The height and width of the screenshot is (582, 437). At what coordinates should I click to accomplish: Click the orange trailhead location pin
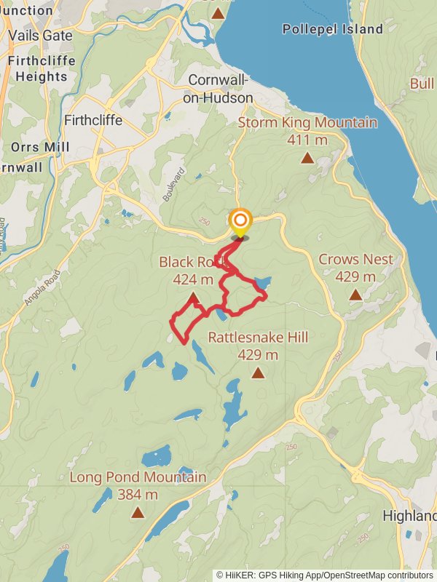[240, 221]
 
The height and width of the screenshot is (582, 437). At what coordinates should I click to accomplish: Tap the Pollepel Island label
[333, 29]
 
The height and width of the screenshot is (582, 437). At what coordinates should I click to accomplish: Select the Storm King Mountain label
[307, 122]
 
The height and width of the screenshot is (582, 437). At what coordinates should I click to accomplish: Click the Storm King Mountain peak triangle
[308, 157]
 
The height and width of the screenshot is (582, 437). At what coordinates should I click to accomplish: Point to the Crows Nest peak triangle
[355, 295]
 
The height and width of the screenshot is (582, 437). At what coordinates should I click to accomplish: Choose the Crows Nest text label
[355, 259]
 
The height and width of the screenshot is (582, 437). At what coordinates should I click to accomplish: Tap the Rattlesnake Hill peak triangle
[258, 372]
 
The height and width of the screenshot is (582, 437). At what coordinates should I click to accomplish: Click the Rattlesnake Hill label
[258, 338]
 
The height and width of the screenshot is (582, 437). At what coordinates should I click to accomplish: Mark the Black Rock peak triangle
[193, 298]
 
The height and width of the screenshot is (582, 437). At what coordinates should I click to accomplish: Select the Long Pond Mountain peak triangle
[138, 512]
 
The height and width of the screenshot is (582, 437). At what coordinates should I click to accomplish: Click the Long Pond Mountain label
[138, 477]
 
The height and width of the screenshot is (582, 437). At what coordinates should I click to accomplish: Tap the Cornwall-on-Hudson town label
[221, 89]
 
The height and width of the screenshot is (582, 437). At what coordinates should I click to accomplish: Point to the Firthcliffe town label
[93, 120]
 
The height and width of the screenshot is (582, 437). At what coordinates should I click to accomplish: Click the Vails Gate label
[41, 36]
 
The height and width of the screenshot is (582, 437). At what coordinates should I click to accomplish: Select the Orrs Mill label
[40, 147]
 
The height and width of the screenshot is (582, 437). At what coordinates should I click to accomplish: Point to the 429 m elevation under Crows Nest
[355, 276]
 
